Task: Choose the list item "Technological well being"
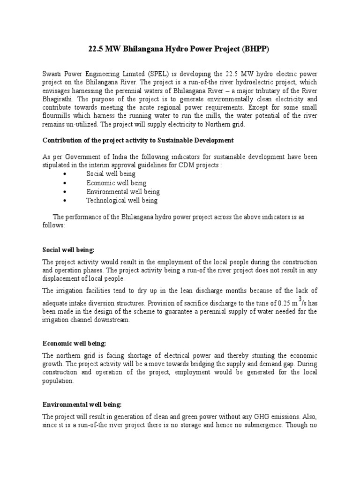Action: coord(122,200)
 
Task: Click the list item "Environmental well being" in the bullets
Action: coord(123,192)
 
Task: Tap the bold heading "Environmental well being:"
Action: coord(82,404)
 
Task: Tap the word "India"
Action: coord(117,157)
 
